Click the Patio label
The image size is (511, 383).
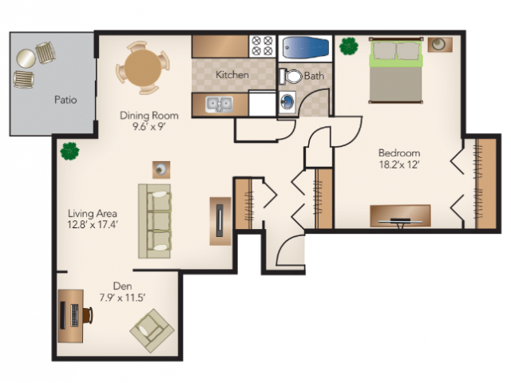(65, 99)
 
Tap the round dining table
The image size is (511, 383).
(143, 68)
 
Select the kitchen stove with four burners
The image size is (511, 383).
(263, 46)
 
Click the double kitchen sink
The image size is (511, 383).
(219, 105)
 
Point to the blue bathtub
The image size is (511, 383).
(305, 48)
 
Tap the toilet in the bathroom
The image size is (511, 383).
(291, 77)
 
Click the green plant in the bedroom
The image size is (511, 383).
(349, 46)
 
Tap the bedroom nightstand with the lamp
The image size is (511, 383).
(440, 45)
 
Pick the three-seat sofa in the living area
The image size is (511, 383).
(154, 222)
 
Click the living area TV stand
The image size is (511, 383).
(220, 221)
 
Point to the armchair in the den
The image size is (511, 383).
(153, 330)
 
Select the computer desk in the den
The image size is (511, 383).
(70, 316)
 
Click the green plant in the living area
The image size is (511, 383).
(69, 151)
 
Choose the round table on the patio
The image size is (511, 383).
(26, 58)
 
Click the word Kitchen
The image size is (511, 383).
(232, 74)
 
